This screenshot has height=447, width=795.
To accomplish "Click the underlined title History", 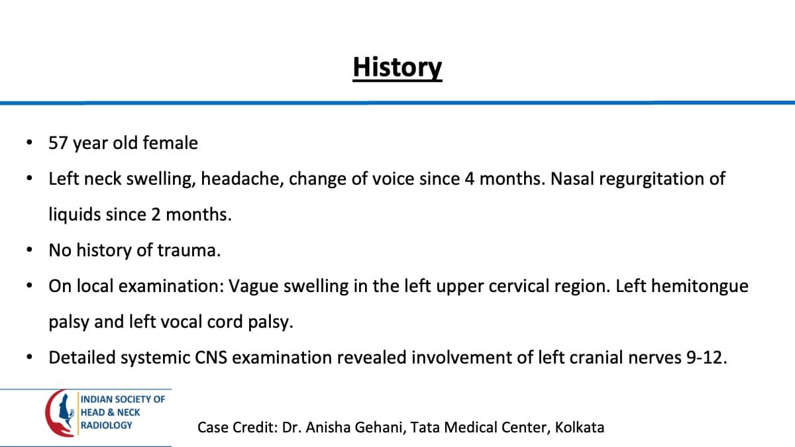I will (397, 68).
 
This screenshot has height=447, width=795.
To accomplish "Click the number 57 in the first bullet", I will (58, 143).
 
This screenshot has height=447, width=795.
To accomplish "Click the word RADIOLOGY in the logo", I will (106, 425).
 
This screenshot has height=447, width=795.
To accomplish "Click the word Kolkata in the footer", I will (579, 427).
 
